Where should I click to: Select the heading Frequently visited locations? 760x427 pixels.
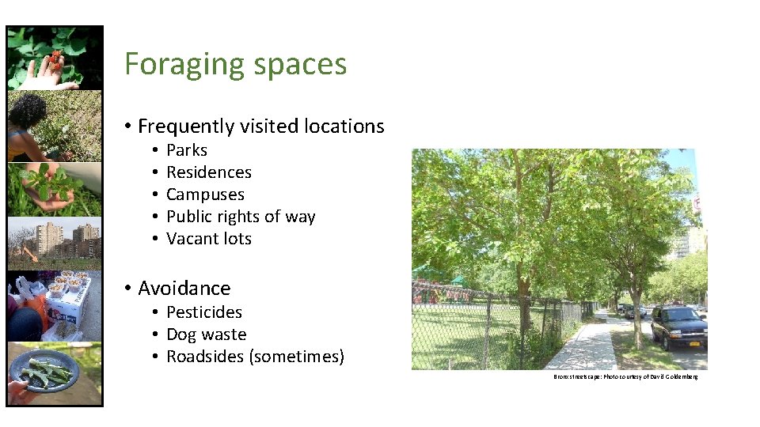point(260,127)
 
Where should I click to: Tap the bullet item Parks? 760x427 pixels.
point(187,150)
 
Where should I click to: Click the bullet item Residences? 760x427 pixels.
point(209,172)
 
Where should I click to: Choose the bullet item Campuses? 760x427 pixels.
point(205,195)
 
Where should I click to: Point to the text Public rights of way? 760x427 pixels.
point(241,217)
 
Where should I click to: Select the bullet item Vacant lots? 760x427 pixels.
point(209,239)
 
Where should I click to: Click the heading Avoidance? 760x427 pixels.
point(184,288)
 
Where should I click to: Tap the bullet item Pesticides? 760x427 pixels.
point(204,312)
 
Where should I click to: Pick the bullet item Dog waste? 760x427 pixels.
point(206,334)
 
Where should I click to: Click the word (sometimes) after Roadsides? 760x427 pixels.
point(296,357)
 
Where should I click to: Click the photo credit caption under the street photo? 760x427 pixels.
point(625,377)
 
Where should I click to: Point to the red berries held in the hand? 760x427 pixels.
point(55,58)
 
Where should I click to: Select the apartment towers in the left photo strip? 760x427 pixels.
point(55,237)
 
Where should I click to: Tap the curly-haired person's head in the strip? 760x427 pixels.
point(28,110)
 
